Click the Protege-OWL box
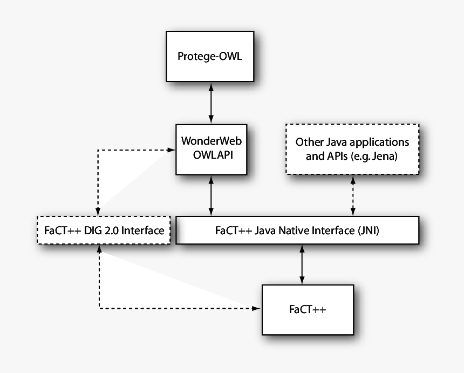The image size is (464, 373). click(210, 56)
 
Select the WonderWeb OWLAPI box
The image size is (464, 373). click(210, 148)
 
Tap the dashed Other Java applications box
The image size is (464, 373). click(352, 148)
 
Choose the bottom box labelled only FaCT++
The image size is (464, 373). click(307, 309)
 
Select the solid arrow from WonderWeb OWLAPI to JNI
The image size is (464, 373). click(210, 195)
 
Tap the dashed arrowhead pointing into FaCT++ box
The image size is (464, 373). click(256, 309)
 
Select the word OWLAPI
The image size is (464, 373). click(210, 154)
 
